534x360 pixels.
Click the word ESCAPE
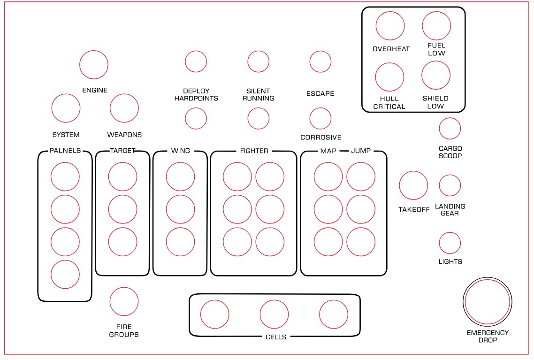point(320,94)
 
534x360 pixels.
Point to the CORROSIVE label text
point(321,137)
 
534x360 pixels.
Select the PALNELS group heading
point(65,151)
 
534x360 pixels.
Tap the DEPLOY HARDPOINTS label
point(196,95)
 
